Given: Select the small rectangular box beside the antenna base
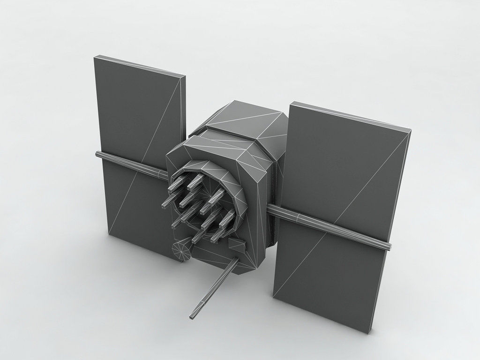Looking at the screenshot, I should (x=236, y=244).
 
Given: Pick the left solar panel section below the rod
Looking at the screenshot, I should (x=134, y=206).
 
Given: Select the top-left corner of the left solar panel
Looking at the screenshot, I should (x=95, y=57).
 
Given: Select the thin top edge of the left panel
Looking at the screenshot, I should (x=141, y=66).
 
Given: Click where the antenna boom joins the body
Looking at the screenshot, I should (x=232, y=262).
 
